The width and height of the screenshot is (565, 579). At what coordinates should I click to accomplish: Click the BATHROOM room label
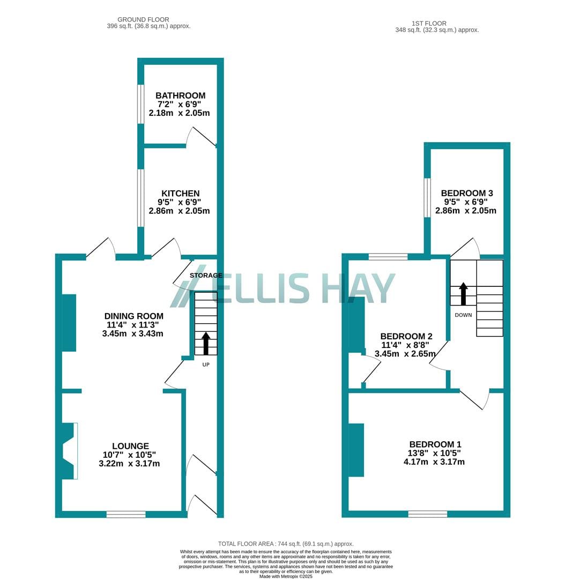[x=180, y=95]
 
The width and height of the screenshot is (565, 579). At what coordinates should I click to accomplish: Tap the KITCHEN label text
[x=180, y=194]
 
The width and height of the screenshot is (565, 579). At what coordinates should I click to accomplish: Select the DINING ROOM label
[x=133, y=316]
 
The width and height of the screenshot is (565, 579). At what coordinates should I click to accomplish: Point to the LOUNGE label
[x=130, y=446]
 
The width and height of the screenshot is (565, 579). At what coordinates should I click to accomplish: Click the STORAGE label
[x=206, y=276]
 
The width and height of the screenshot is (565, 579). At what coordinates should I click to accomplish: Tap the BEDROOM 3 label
[x=467, y=193]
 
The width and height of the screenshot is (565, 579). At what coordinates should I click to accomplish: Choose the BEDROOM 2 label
[x=406, y=336]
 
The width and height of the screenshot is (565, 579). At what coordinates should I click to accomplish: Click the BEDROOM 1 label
[x=435, y=444]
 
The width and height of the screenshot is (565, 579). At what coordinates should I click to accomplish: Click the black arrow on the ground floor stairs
[x=206, y=344]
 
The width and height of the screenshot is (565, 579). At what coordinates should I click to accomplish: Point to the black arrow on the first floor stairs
[x=463, y=294]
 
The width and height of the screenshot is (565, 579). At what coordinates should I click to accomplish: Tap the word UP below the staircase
[x=206, y=365]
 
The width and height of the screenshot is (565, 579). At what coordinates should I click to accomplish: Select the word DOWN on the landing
[x=463, y=315]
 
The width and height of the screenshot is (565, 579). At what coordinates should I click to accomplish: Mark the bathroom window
[x=140, y=104]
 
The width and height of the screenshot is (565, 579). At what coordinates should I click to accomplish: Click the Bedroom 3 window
[x=427, y=198]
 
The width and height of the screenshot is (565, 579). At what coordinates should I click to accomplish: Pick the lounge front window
[x=126, y=514]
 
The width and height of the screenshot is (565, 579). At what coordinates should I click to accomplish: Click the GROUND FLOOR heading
[x=143, y=20]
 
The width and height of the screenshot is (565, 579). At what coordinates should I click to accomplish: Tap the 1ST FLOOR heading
[x=429, y=23]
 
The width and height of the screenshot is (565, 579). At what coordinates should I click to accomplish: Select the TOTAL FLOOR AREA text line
[x=286, y=544]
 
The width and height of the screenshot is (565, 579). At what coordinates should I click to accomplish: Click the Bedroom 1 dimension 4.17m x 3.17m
[x=434, y=462]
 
